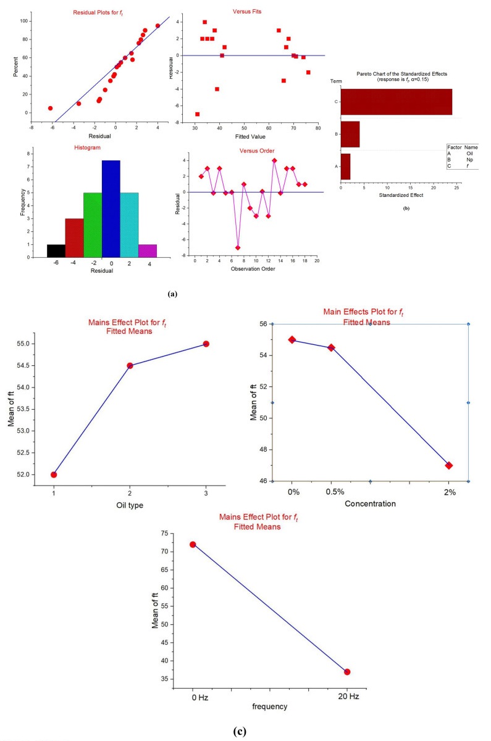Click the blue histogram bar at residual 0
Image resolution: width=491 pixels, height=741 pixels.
pyautogui.click(x=111, y=209)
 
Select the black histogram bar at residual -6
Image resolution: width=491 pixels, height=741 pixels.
pyautogui.click(x=56, y=251)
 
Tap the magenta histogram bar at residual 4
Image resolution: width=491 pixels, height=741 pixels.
pyautogui.click(x=148, y=251)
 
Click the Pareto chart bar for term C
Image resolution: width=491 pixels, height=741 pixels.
pyautogui.click(x=397, y=102)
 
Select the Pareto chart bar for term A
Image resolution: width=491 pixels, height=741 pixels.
pyautogui.click(x=345, y=167)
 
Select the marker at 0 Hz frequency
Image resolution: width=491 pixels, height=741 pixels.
pyautogui.click(x=193, y=544)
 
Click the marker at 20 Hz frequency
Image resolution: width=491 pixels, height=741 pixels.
pyautogui.click(x=347, y=671)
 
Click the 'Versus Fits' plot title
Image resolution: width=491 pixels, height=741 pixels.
pyautogui.click(x=248, y=10)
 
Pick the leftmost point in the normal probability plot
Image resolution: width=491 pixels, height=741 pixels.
pyautogui.click(x=50, y=108)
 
